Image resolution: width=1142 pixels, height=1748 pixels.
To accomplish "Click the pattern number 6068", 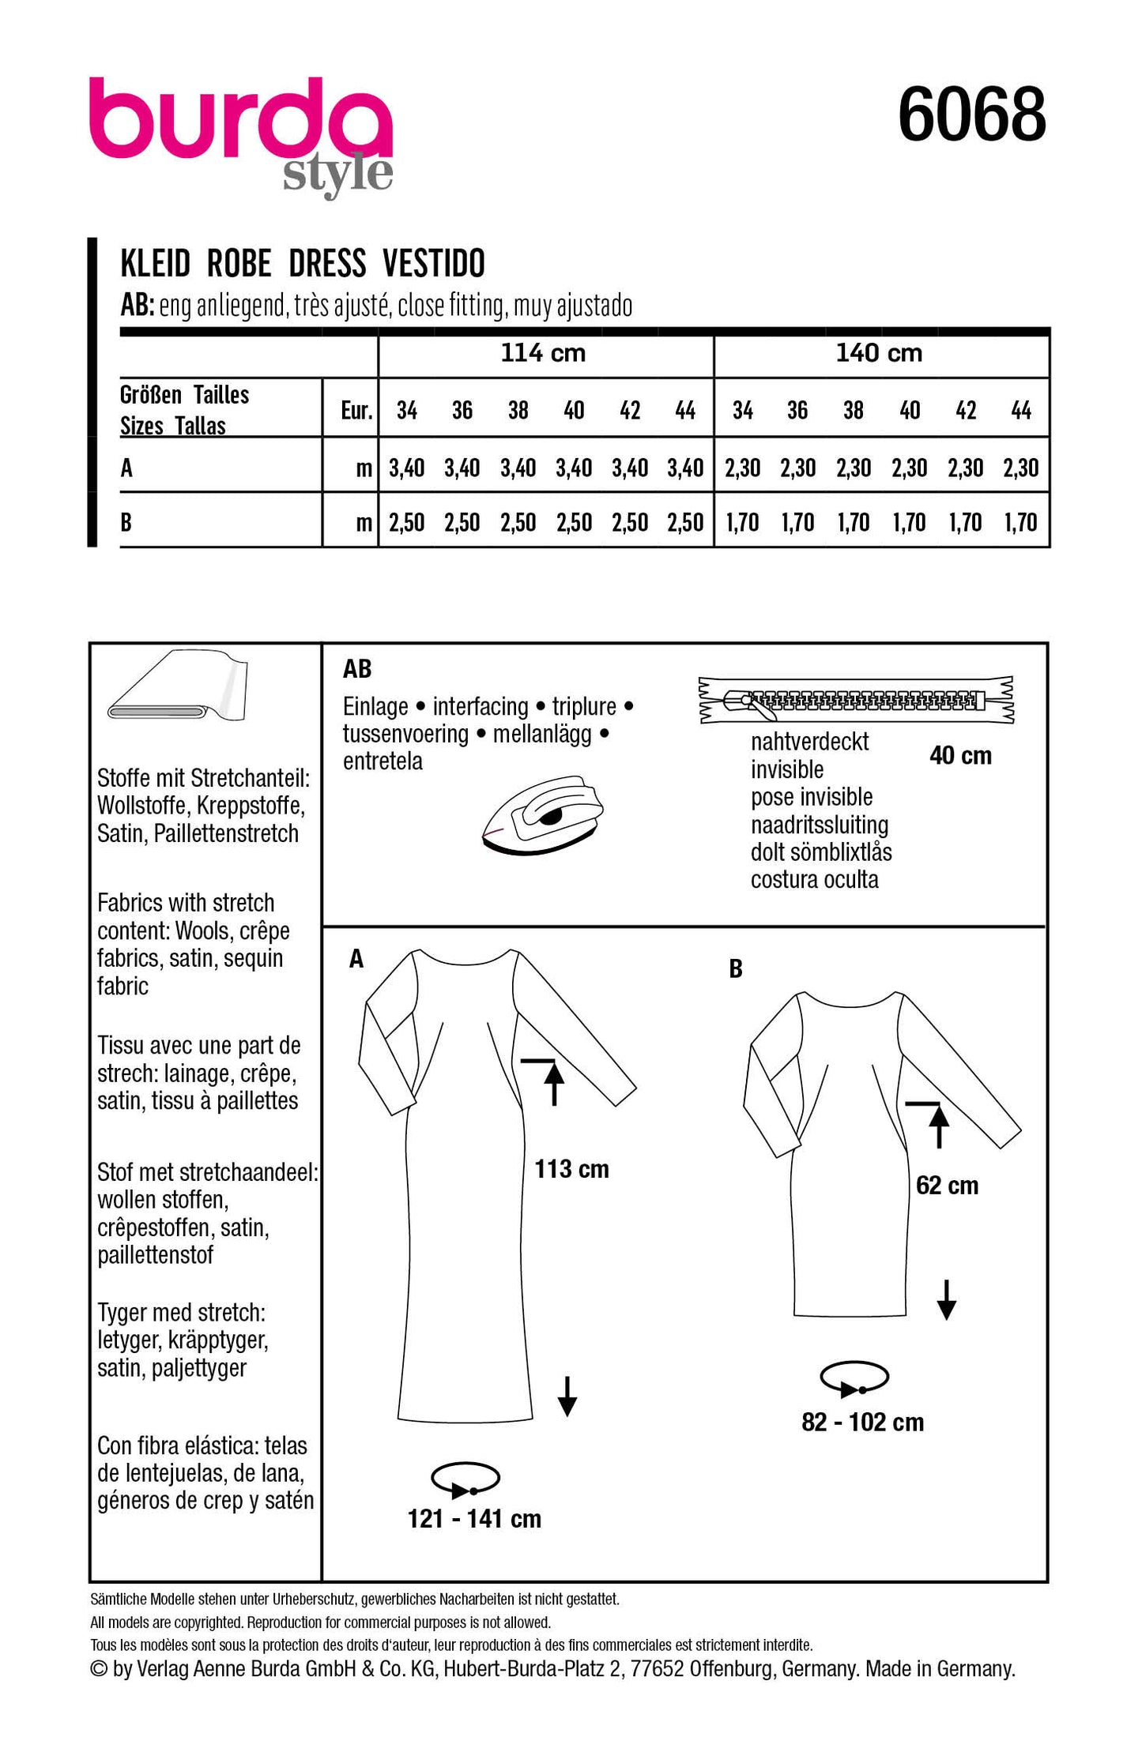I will tap(971, 115).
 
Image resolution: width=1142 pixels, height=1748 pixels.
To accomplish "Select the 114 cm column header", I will tap(544, 353).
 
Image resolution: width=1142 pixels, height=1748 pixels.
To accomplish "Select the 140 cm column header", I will tap(879, 353).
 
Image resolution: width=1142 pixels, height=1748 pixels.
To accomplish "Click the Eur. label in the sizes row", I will tap(356, 411).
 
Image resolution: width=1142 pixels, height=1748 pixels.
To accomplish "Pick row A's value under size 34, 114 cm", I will tap(406, 468).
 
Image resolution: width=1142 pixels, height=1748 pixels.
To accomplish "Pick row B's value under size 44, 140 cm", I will tap(1020, 522).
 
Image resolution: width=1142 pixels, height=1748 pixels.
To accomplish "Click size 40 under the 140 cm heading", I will tap(910, 411).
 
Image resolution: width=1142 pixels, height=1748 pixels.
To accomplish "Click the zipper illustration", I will tap(856, 700).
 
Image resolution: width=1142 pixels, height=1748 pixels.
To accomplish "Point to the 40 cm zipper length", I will tap(960, 756).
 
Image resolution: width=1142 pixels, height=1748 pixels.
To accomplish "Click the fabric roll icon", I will tap(179, 687).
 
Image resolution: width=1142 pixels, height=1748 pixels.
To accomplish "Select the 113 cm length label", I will tap(571, 1169).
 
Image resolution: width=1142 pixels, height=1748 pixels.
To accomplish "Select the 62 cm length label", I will tap(947, 1185).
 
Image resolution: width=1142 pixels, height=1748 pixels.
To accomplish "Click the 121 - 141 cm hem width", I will tap(474, 1518).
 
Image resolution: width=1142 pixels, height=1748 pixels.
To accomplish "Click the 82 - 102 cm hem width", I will tap(862, 1422).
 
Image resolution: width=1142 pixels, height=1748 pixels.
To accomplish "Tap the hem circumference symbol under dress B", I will tap(854, 1379).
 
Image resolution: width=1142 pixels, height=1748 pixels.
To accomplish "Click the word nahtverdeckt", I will tap(809, 742).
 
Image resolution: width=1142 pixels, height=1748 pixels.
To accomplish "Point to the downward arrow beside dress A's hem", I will tap(567, 1396).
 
